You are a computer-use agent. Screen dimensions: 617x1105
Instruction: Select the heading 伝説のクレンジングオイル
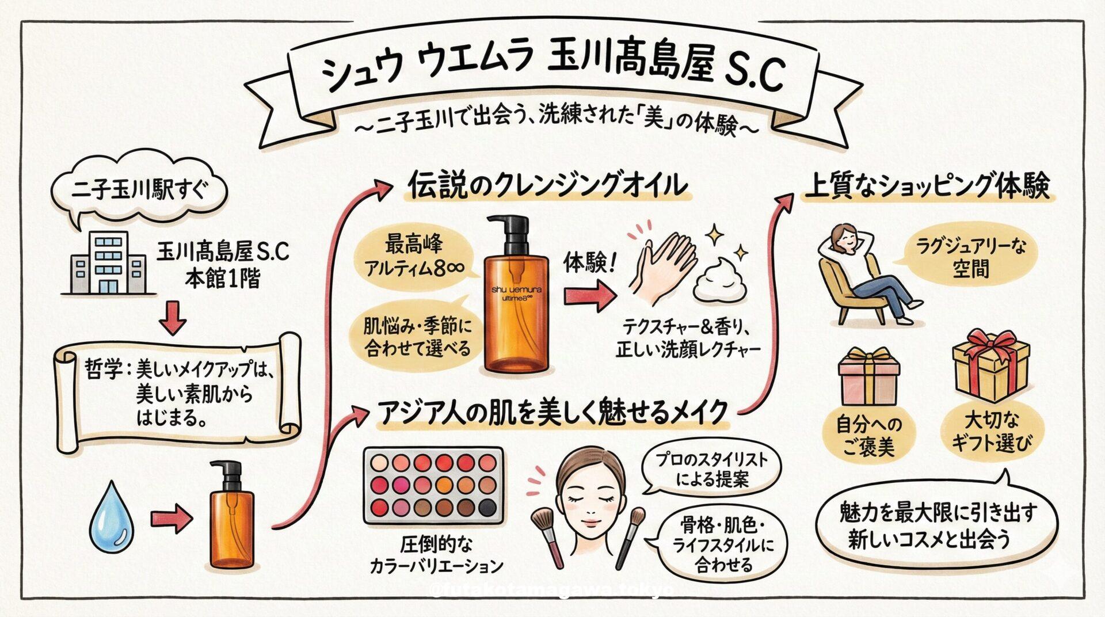(x=547, y=185)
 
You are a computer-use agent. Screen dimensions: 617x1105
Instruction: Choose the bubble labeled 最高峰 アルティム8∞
(x=415, y=257)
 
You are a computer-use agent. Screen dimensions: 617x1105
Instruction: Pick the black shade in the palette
(x=487, y=507)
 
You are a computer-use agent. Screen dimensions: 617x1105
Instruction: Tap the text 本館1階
(x=223, y=279)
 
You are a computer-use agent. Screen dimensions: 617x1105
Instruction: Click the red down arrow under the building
(x=173, y=321)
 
